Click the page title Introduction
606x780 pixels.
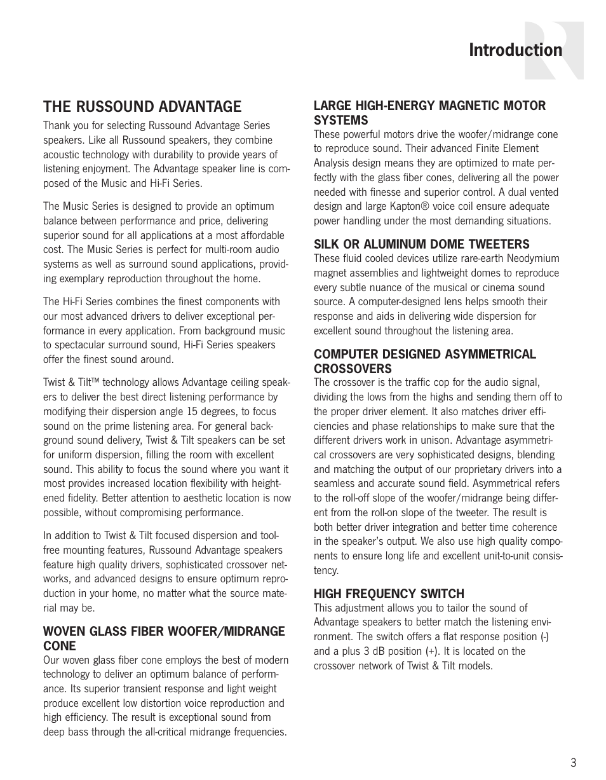[x=515, y=50]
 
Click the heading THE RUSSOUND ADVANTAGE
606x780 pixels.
[x=142, y=106]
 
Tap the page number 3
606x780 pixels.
[x=573, y=763]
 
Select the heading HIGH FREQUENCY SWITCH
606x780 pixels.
[x=389, y=594]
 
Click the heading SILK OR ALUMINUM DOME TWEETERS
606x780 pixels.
[x=421, y=244]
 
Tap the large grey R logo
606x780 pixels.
[x=554, y=51]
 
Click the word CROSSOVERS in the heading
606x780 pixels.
[x=353, y=369]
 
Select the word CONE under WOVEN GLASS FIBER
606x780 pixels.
[x=60, y=646]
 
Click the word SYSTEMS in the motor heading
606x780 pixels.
[x=340, y=120]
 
